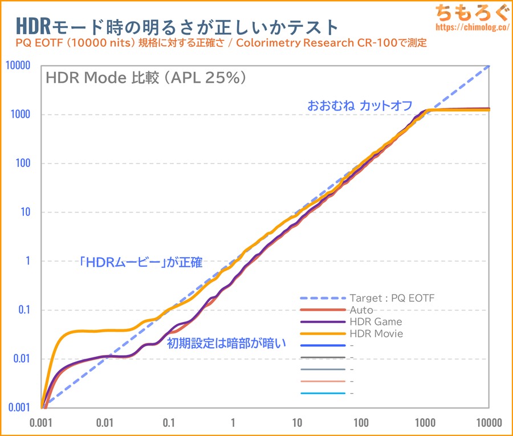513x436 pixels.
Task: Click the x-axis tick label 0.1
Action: click(x=169, y=423)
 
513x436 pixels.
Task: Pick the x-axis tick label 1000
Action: click(x=425, y=423)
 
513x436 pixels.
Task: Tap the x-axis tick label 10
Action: click(x=297, y=423)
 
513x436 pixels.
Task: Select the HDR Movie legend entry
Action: click(x=376, y=333)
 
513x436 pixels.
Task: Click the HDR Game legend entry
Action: click(x=376, y=322)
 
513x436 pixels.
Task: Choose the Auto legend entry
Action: click(x=361, y=310)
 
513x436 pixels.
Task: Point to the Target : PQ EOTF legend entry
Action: click(x=392, y=298)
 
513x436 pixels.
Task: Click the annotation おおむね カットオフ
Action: click(x=359, y=105)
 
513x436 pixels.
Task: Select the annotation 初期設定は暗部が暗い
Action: click(x=226, y=344)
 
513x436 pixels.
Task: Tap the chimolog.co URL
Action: click(x=470, y=27)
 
